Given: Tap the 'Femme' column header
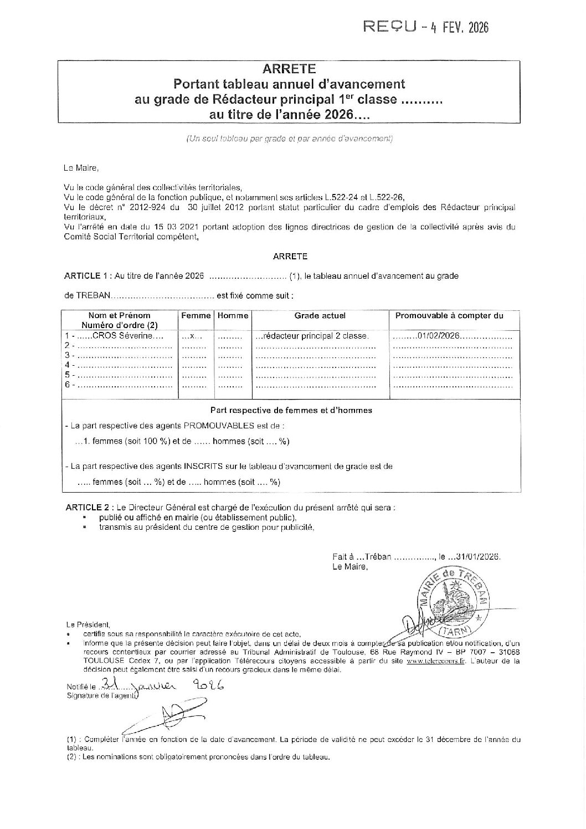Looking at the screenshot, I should click(196, 315).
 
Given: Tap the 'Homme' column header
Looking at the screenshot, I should click(233, 315).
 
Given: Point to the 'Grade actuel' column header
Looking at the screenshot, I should click(320, 315).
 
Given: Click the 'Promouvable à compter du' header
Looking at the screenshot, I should click(449, 315).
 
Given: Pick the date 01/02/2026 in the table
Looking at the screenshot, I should click(440, 336).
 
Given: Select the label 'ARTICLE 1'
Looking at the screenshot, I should click(85, 275).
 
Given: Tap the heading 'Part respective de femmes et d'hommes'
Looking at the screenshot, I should click(291, 411).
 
